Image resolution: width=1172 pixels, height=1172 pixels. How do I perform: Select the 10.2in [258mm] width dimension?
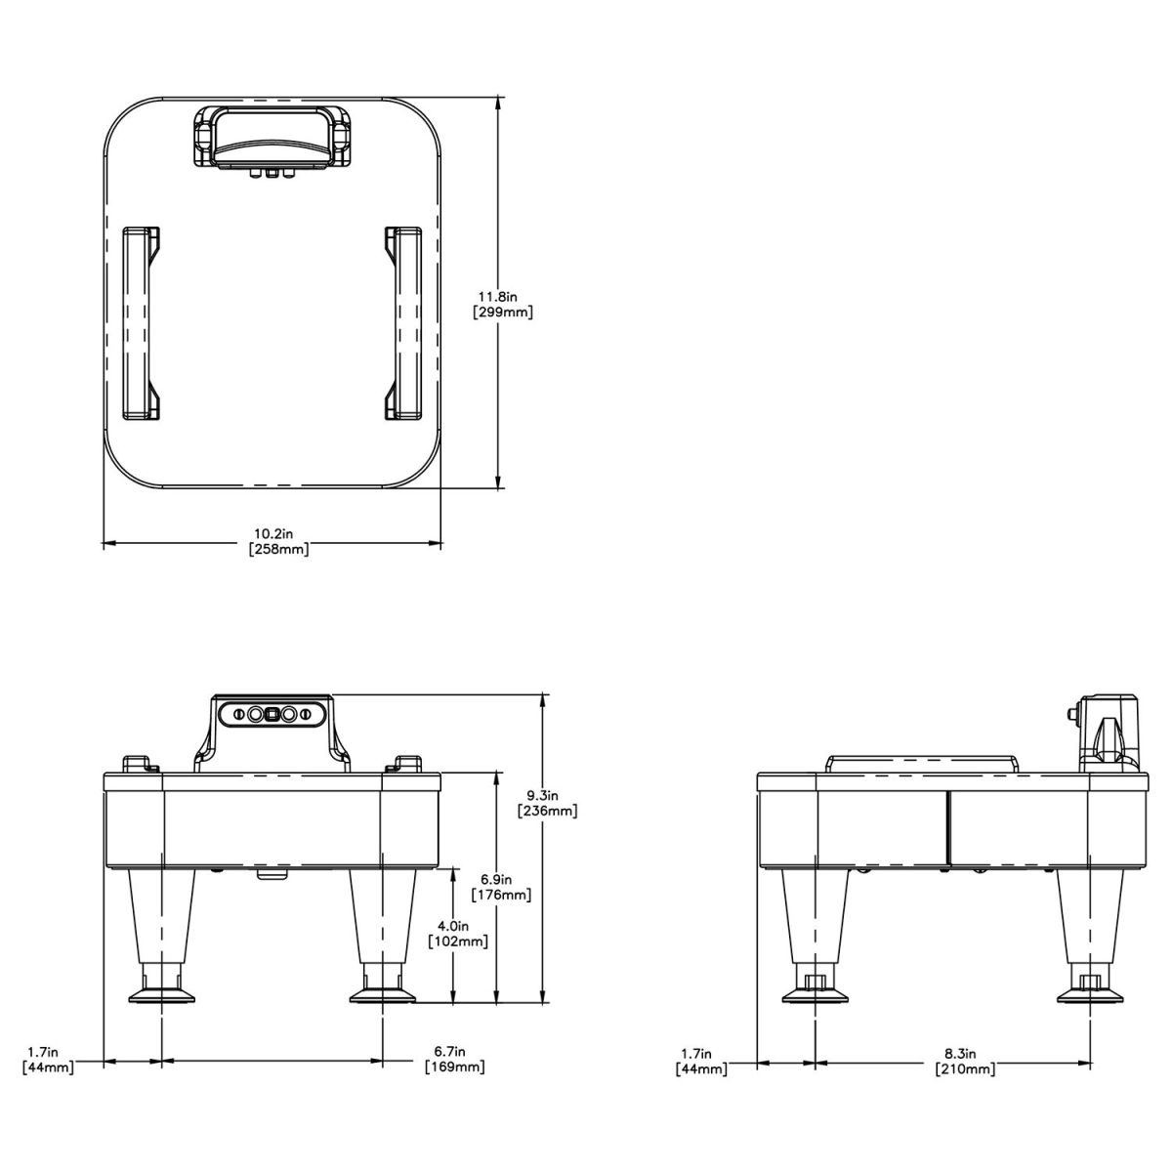[280, 541]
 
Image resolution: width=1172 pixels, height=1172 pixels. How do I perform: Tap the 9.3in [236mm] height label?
[548, 803]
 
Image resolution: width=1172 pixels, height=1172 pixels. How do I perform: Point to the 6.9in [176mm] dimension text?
[500, 887]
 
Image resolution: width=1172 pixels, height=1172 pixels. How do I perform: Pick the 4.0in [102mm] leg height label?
[458, 934]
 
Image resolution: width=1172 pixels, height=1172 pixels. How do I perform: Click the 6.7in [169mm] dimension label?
[454, 1059]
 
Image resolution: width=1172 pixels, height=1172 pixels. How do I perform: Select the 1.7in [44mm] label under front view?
[47, 1060]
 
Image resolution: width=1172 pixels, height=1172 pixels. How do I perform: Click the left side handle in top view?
[140, 323]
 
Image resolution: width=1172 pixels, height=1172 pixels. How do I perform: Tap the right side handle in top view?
[404, 323]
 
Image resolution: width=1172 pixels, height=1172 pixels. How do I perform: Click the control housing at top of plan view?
[272, 139]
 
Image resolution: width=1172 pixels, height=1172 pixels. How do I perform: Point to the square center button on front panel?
[272, 714]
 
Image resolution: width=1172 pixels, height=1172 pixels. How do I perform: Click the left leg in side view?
[814, 918]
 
